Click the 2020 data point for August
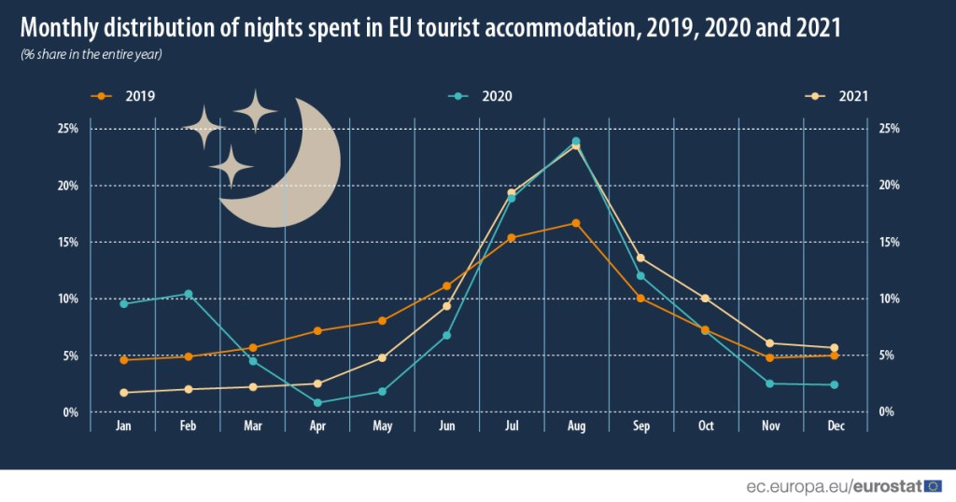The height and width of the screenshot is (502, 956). coord(576,142)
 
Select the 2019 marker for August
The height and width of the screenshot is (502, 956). coord(576,223)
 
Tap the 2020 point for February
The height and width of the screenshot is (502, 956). coord(189,294)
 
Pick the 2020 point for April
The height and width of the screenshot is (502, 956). coord(317,403)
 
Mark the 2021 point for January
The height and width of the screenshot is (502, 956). coord(123,393)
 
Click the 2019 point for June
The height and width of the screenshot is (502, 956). coord(447,286)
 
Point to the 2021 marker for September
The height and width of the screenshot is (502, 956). coord(640,258)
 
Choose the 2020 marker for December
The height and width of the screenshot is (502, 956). coord(834,384)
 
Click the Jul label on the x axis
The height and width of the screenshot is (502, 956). coord(512,426)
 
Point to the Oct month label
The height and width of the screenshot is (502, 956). coord(706,426)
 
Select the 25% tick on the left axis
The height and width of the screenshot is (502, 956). coord(67,128)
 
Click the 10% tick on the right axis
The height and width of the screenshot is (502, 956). coord(888,299)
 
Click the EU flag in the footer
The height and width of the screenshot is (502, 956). coord(933,486)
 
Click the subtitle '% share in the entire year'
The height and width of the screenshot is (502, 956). coord(91,54)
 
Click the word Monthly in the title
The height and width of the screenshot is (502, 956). coord(60,27)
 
